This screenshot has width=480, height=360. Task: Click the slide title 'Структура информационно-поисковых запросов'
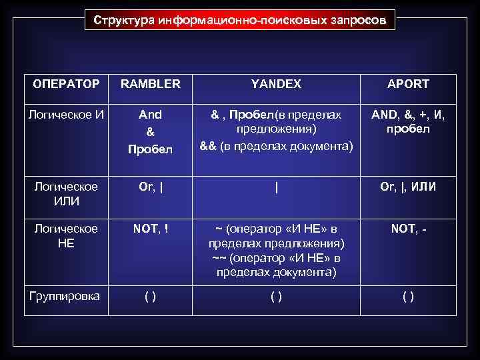point(239,20)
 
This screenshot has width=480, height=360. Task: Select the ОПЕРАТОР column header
point(67,84)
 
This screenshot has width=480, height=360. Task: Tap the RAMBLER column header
point(150,84)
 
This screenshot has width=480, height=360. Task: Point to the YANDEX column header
point(276,84)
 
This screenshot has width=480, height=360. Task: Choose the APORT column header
point(409,84)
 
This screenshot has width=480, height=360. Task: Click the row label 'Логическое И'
point(67,115)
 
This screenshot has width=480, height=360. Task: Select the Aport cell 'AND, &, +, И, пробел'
point(409,122)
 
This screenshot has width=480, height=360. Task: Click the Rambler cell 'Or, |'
point(150,187)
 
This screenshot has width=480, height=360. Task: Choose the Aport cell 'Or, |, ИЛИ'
point(409,187)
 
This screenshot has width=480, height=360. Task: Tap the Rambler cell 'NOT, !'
point(150,229)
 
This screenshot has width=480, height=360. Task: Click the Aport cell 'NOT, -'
point(409,229)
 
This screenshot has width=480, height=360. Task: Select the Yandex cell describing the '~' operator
point(276,251)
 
